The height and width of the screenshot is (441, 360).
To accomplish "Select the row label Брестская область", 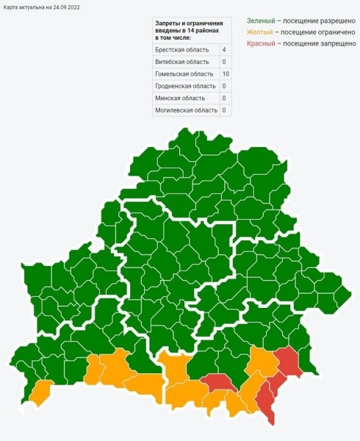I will (181, 49).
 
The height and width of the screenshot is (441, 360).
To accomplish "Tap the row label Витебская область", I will (181, 61).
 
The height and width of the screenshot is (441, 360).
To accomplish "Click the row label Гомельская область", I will (184, 73).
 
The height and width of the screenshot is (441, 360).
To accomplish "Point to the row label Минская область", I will (179, 98).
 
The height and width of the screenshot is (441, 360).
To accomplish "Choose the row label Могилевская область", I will (186, 110).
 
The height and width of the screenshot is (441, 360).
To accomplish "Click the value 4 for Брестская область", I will (224, 49).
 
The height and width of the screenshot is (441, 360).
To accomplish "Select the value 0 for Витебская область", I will (224, 61).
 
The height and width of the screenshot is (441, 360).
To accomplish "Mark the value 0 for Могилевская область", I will (224, 110).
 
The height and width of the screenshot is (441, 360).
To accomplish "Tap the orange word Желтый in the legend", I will (259, 32).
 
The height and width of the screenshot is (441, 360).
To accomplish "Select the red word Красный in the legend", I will (261, 44).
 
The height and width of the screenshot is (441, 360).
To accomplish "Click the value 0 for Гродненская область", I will (224, 86).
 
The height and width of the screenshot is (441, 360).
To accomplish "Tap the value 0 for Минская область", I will (224, 98).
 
